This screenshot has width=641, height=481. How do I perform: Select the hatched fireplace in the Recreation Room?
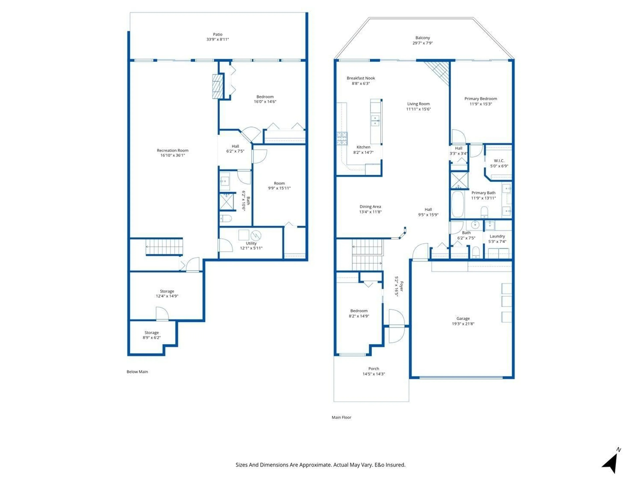(x=218, y=86)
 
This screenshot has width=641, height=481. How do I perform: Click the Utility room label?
(x=251, y=243)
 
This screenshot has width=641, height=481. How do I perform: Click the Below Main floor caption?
(x=137, y=372)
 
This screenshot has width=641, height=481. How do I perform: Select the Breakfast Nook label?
(x=361, y=78)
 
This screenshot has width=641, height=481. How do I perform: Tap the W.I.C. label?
(x=499, y=161)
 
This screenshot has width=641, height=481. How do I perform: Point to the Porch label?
(x=374, y=368)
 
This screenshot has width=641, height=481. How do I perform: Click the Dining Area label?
(x=370, y=206)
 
